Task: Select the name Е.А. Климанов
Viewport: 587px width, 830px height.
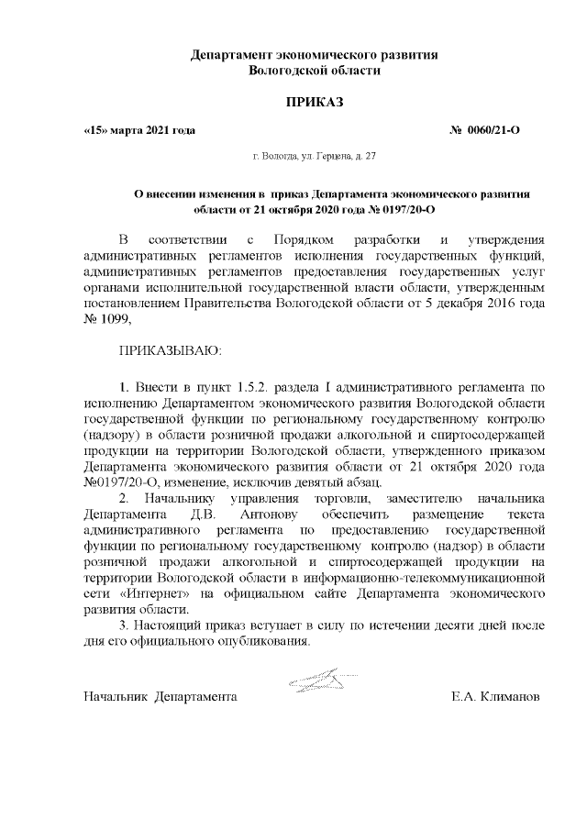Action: click(495, 697)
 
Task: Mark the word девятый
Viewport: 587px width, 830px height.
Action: click(292, 482)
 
